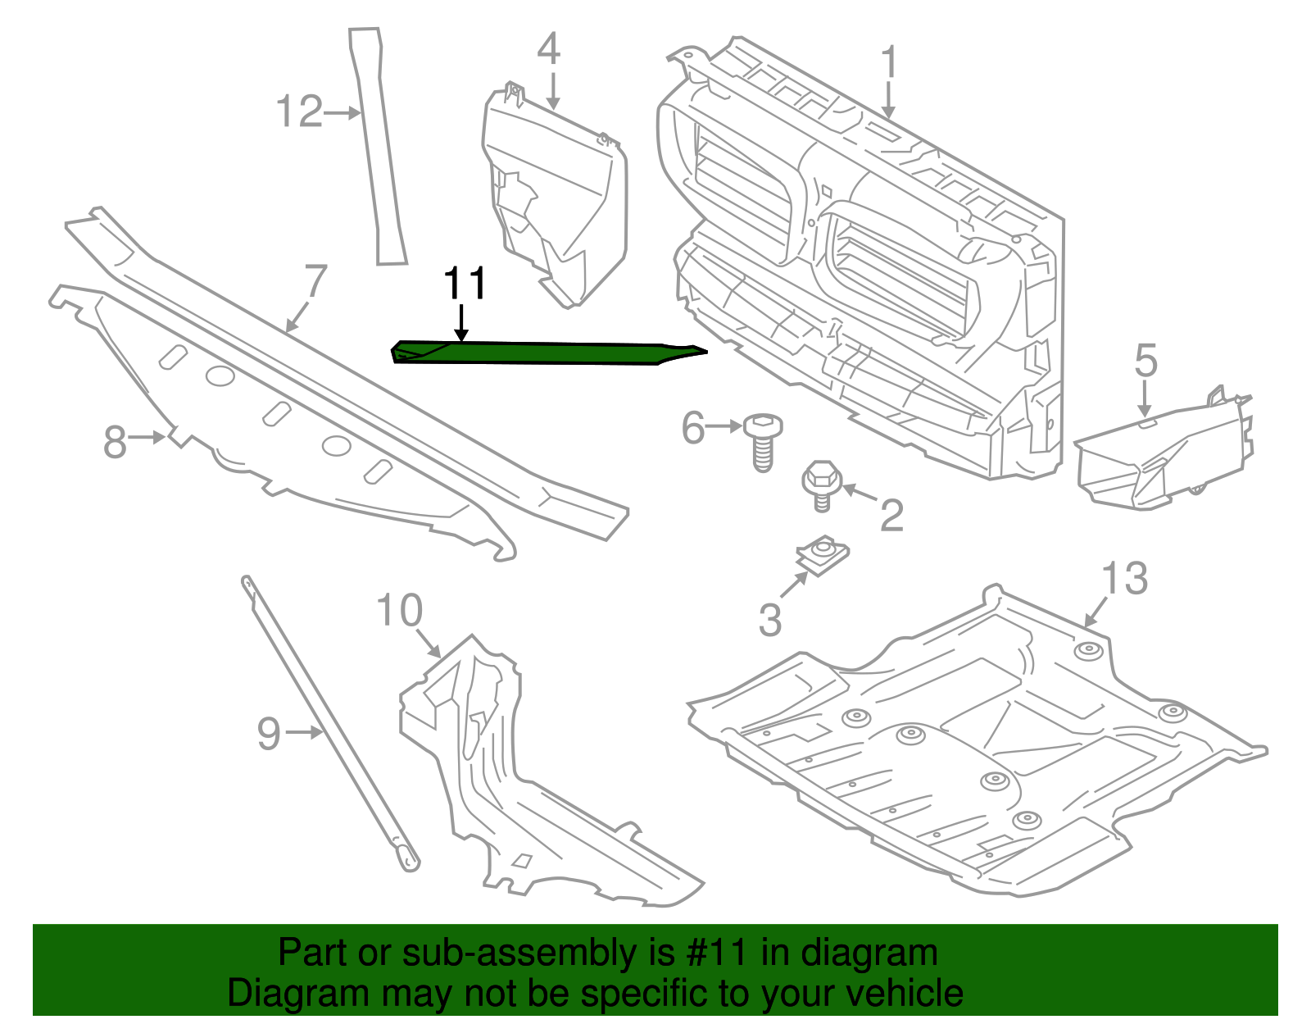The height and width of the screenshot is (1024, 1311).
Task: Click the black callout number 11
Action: coord(465,284)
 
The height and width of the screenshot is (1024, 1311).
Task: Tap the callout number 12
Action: coord(299,112)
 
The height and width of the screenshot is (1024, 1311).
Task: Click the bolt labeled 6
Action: coord(762,443)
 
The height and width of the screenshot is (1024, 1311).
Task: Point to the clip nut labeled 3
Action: coord(823,554)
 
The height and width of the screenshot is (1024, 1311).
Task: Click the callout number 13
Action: coord(1124,579)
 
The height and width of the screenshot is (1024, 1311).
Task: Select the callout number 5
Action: coord(1145,361)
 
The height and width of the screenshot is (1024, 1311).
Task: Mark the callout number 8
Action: coord(115,443)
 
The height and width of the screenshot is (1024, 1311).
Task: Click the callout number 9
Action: coord(269,733)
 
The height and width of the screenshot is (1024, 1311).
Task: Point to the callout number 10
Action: coord(399,611)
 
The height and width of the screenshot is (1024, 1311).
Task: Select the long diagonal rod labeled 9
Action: coord(328,721)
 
